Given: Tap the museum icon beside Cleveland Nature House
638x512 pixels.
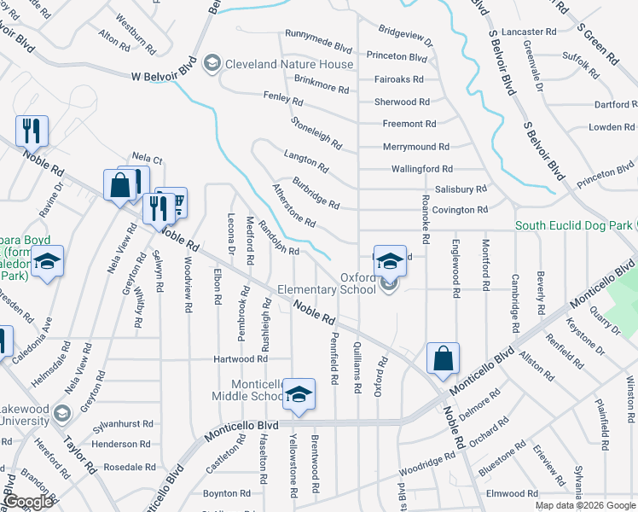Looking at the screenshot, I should [212, 64].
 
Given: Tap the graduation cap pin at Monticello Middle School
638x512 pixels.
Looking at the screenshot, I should [299, 394].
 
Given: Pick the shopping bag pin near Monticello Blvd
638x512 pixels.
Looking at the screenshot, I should [443, 358].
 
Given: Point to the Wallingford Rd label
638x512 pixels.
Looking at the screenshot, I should [421, 169].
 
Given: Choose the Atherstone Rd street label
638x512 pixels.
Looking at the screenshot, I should [293, 205].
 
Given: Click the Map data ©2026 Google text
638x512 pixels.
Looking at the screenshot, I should [585, 505].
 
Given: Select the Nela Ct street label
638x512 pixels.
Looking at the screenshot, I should [147, 159].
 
